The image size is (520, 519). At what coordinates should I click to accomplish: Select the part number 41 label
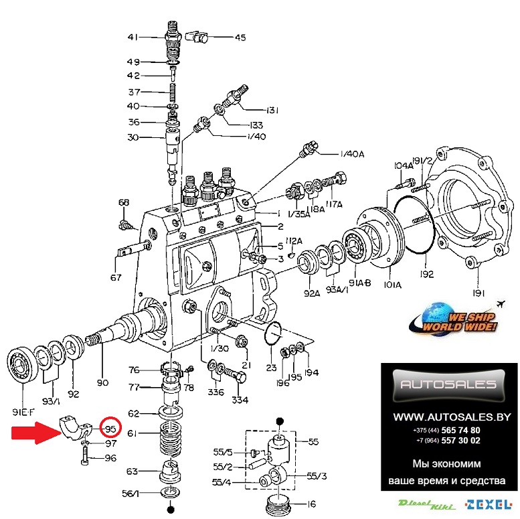pyautogui.click(x=133, y=36)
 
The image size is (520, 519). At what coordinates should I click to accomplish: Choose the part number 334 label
pyautogui.click(x=240, y=400)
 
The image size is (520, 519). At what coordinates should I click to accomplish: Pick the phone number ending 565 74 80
pyautogui.click(x=446, y=431)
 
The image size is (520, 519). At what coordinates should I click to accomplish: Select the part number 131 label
pyautogui.click(x=272, y=110)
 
